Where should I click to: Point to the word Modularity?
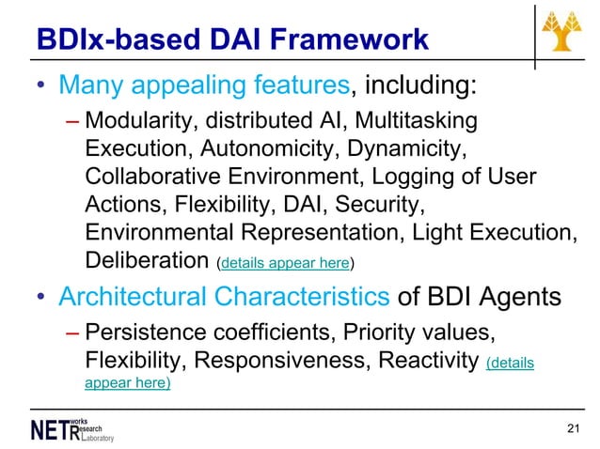tap(133, 123)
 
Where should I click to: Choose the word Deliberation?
tap(147, 259)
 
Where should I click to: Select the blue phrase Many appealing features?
tap(203, 86)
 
